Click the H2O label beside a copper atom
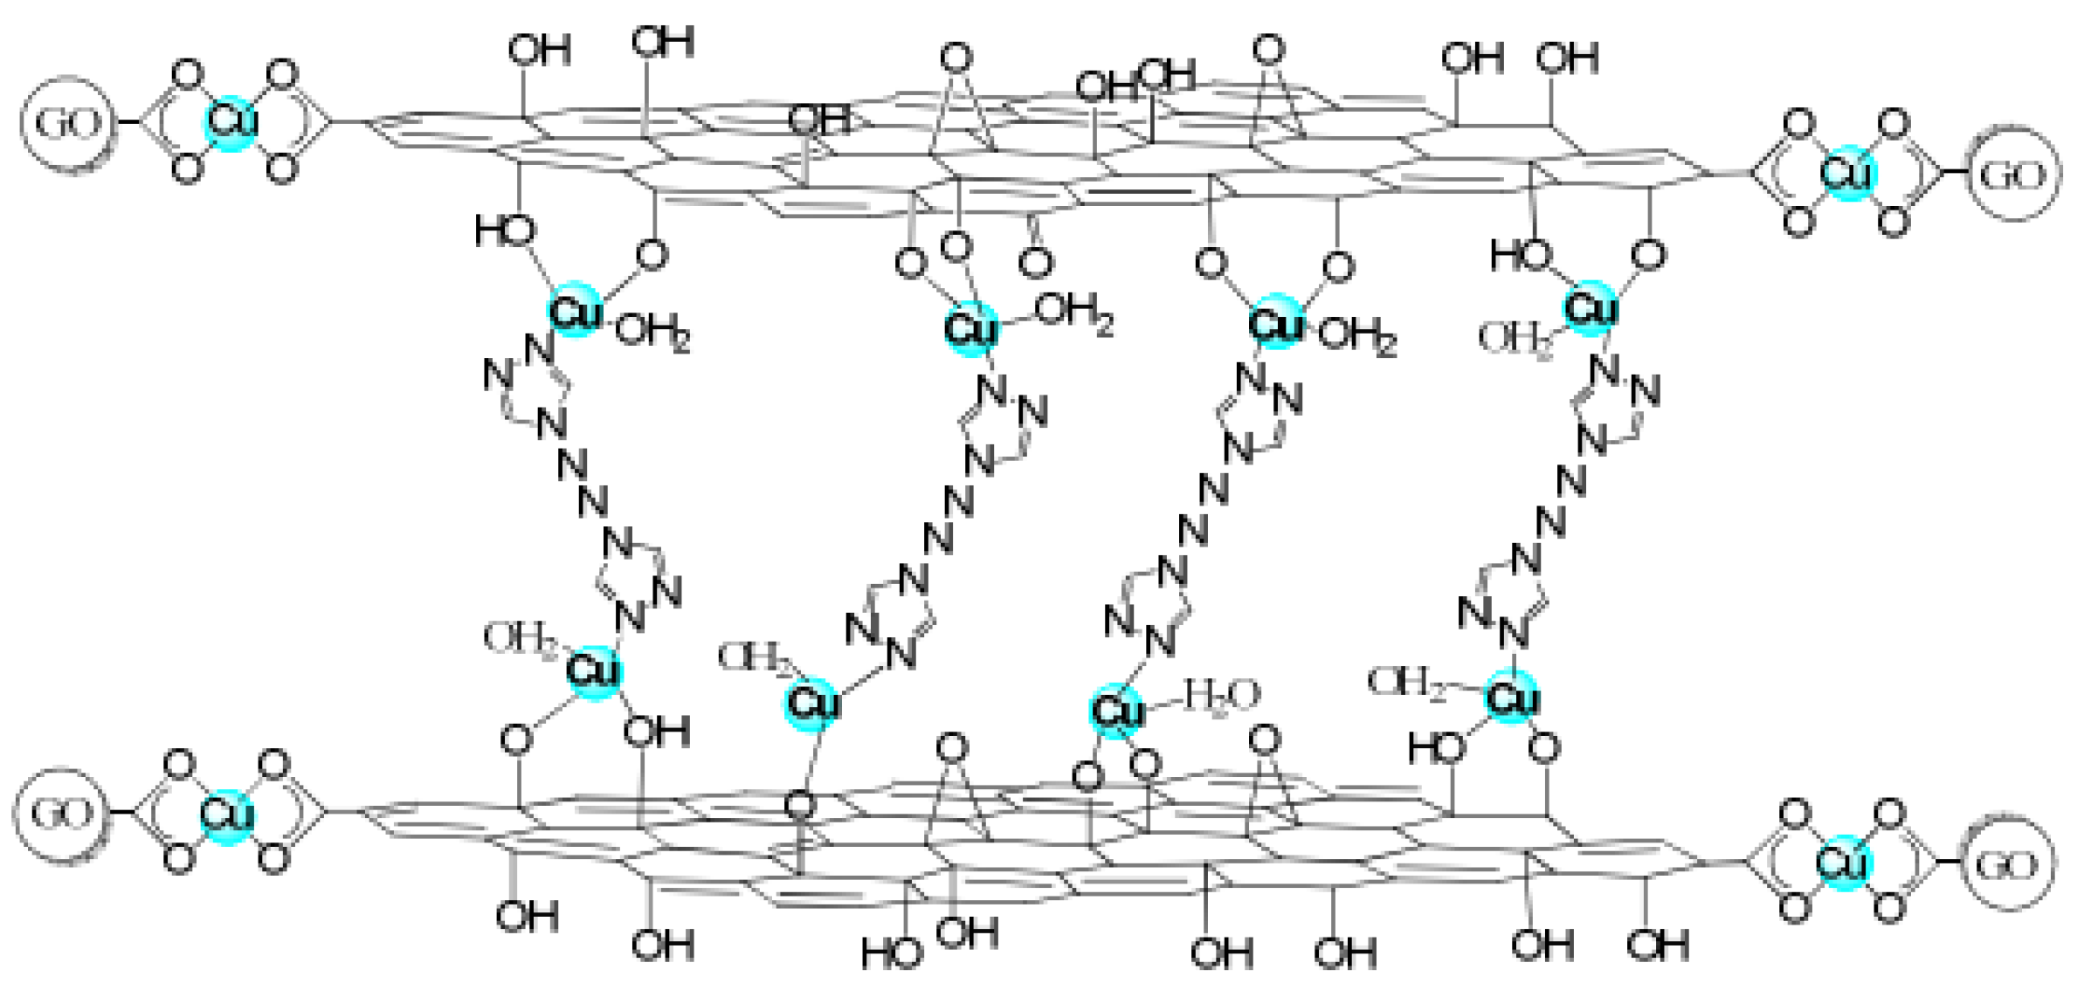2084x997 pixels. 1221,695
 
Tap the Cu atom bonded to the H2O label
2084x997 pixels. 1117,711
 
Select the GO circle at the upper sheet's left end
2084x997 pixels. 66,123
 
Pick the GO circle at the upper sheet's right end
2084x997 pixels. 2012,174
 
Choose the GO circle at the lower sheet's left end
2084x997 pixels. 60,814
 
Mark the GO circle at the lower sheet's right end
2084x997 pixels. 2006,863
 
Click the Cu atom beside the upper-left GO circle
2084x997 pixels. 231,122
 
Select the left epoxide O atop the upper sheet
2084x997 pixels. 956,58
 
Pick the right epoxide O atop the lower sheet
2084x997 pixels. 1264,740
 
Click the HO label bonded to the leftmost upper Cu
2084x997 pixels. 505,231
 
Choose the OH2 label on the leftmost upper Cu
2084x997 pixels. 652,332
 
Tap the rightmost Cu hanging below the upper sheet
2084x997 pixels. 1590,307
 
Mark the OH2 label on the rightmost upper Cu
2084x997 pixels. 1514,339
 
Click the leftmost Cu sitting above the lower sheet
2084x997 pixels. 593,671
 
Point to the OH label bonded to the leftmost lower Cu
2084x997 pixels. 656,732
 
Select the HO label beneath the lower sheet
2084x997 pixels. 891,952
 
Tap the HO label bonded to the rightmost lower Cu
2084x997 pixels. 1436,748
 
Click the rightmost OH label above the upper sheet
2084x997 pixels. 1567,58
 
